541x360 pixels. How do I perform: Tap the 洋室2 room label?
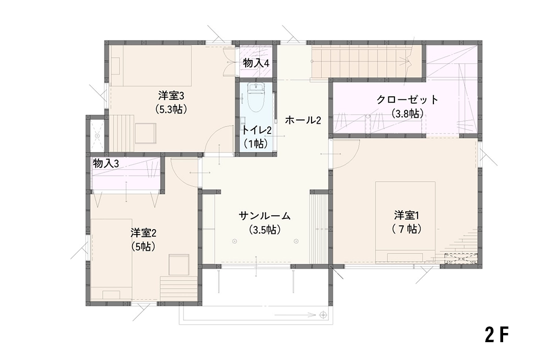click(143, 233)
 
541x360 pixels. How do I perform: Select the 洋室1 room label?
click(407, 216)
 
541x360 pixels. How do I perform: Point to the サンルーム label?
click(265, 216)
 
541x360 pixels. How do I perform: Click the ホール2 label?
click(304, 121)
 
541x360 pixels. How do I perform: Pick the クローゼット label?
click(407, 99)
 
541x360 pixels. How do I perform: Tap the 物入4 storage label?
click(256, 63)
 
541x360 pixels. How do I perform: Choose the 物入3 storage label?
click(106, 163)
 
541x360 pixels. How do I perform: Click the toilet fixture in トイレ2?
click(256, 97)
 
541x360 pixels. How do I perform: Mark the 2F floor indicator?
click(497, 334)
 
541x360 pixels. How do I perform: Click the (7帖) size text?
click(407, 229)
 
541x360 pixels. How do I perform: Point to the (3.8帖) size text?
click(407, 114)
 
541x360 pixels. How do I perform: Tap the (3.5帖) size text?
click(265, 230)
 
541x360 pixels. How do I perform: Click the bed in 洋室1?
click(405, 222)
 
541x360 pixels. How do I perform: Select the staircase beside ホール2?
click(367, 62)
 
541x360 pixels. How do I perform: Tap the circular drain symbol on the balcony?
click(323, 315)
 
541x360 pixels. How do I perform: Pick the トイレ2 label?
click(256, 130)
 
